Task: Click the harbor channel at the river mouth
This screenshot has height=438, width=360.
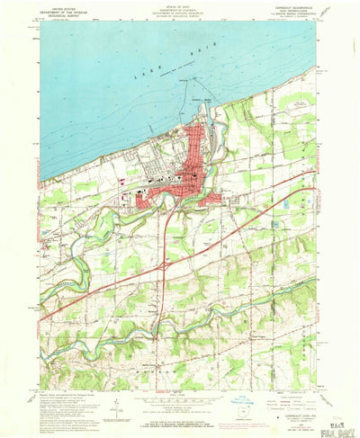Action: [x=206, y=121]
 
